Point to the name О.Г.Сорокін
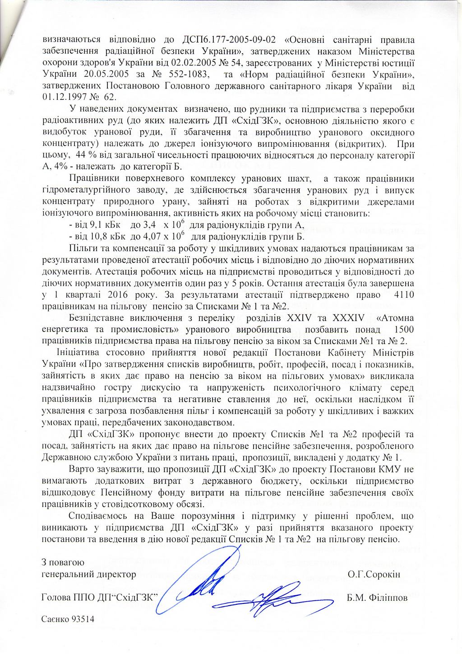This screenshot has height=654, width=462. pos(374,575)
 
